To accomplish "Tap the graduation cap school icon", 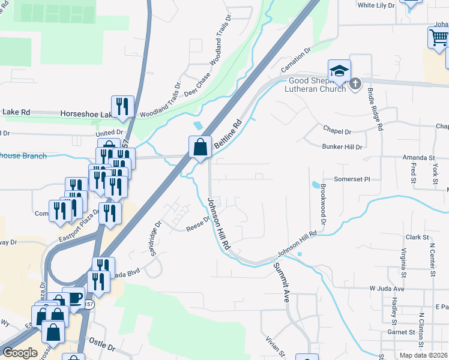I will tap(339, 70).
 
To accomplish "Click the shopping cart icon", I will tap(439, 37).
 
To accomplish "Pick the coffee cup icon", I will tap(74, 298).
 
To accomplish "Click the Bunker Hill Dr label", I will tap(342, 146).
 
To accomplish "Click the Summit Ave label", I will tap(282, 281).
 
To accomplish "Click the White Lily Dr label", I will tap(376, 5).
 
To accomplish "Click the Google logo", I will tap(20, 353).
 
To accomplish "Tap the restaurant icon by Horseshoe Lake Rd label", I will tap(121, 106).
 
